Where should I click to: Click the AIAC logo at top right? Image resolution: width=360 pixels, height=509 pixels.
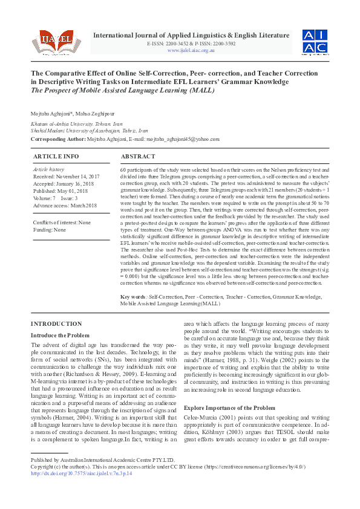pyautogui.click(x=315, y=41)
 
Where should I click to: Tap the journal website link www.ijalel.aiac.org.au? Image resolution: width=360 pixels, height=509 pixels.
pyautogui.click(x=191, y=50)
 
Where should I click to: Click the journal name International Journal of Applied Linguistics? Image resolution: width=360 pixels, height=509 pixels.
pyautogui.click(x=191, y=36)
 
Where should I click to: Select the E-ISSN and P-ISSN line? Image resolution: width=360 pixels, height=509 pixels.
pyautogui.click(x=191, y=44)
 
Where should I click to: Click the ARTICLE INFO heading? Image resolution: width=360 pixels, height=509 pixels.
pyautogui.click(x=56, y=156)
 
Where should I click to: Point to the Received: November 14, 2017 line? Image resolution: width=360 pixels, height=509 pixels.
pyautogui.click(x=66, y=177)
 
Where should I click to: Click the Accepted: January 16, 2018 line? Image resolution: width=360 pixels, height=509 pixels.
pyautogui.click(x=64, y=184)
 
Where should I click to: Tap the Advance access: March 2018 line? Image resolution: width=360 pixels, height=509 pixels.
pyautogui.click(x=65, y=205)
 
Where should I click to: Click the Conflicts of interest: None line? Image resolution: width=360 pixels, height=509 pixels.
pyautogui.click(x=62, y=222)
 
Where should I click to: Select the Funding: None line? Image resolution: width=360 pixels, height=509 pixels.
pyautogui.click(x=50, y=230)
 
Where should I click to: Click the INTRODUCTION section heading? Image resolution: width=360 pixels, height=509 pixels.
pyautogui.click(x=56, y=324)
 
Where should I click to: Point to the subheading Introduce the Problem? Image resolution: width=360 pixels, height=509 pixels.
pyautogui.click(x=60, y=335)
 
